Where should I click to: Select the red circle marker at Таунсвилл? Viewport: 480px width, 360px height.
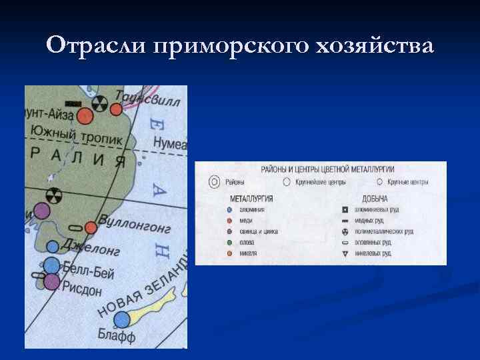pyautogui.click(x=116, y=109)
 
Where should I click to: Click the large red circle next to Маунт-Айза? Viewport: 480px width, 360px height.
pyautogui.click(x=85, y=117)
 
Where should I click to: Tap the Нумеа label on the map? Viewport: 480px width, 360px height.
pyautogui.click(x=170, y=143)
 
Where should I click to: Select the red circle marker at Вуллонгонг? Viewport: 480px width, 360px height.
pyautogui.click(x=91, y=228)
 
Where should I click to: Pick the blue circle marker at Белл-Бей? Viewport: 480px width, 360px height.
pyautogui.click(x=51, y=265)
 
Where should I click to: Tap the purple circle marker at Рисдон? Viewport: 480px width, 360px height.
pyautogui.click(x=51, y=282)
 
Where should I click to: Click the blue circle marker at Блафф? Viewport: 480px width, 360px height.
pyautogui.click(x=121, y=319)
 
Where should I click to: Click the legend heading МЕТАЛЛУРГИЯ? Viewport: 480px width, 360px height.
pyautogui.click(x=251, y=198)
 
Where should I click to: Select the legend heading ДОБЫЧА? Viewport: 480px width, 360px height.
pyautogui.click(x=375, y=198)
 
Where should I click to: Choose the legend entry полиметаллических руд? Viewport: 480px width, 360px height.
pyautogui.click(x=388, y=231)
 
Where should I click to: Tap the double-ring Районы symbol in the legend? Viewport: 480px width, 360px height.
pyautogui.click(x=214, y=181)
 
